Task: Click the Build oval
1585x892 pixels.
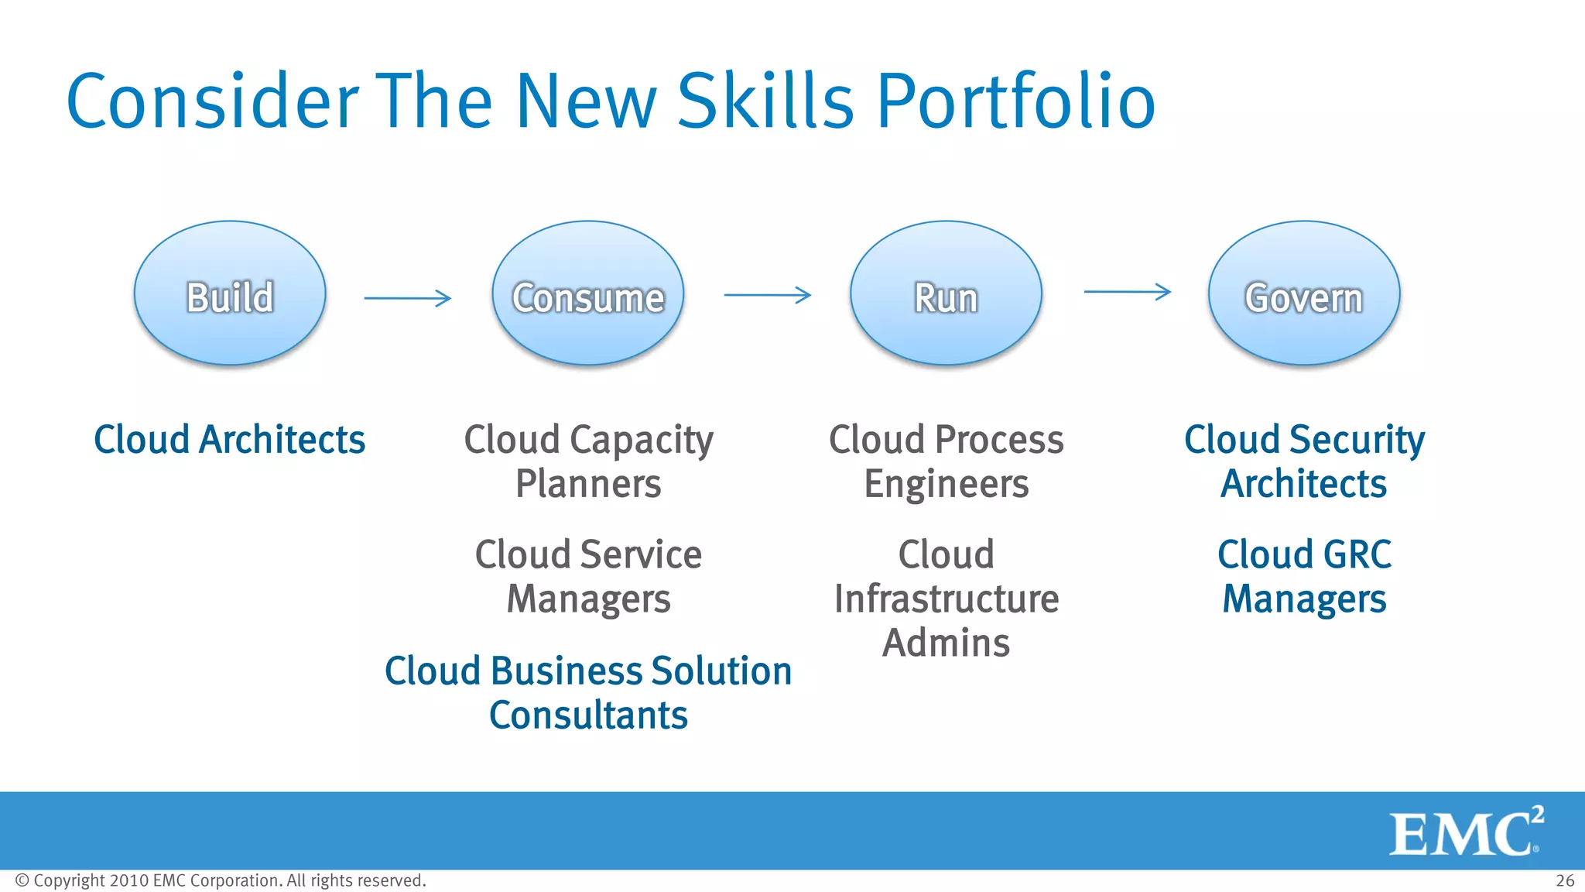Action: point(230,293)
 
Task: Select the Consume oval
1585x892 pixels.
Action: point(588,293)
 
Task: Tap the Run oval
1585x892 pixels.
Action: point(946,293)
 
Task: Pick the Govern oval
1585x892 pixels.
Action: point(1304,293)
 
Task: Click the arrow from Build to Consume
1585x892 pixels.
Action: point(408,298)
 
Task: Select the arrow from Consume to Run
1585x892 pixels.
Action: point(767,295)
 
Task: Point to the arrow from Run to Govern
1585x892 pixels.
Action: point(1127,292)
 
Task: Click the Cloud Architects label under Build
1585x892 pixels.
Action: point(229,440)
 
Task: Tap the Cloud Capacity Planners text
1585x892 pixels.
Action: point(588,461)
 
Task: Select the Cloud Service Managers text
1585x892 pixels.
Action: point(588,577)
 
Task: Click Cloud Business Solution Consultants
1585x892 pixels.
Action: point(588,692)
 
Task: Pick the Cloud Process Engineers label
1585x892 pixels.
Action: point(946,461)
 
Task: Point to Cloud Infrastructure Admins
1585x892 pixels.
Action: point(946,599)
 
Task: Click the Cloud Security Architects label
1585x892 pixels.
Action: point(1304,461)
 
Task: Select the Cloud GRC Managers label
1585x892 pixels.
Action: point(1304,577)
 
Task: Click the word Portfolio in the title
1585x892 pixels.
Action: point(1015,102)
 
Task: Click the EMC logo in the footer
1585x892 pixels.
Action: point(1464,832)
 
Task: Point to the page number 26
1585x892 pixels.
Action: point(1565,881)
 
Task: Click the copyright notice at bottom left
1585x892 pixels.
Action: point(221,881)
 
